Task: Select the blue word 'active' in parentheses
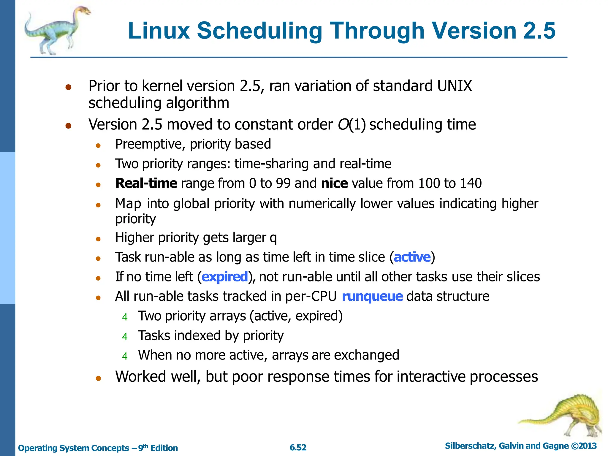tap(412, 257)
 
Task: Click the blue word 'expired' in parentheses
tap(225, 277)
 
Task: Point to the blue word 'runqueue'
tap(372, 296)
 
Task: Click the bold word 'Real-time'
tap(146, 183)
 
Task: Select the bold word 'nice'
tap(334, 183)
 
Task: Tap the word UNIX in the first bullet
tap(455, 86)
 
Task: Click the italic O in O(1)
tap(343, 124)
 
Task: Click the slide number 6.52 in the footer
tap(298, 447)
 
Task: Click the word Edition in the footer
tap(164, 448)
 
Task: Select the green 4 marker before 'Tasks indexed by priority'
tap(125, 337)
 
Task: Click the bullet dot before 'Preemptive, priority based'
tap(99, 145)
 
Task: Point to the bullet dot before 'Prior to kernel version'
tap(69, 87)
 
